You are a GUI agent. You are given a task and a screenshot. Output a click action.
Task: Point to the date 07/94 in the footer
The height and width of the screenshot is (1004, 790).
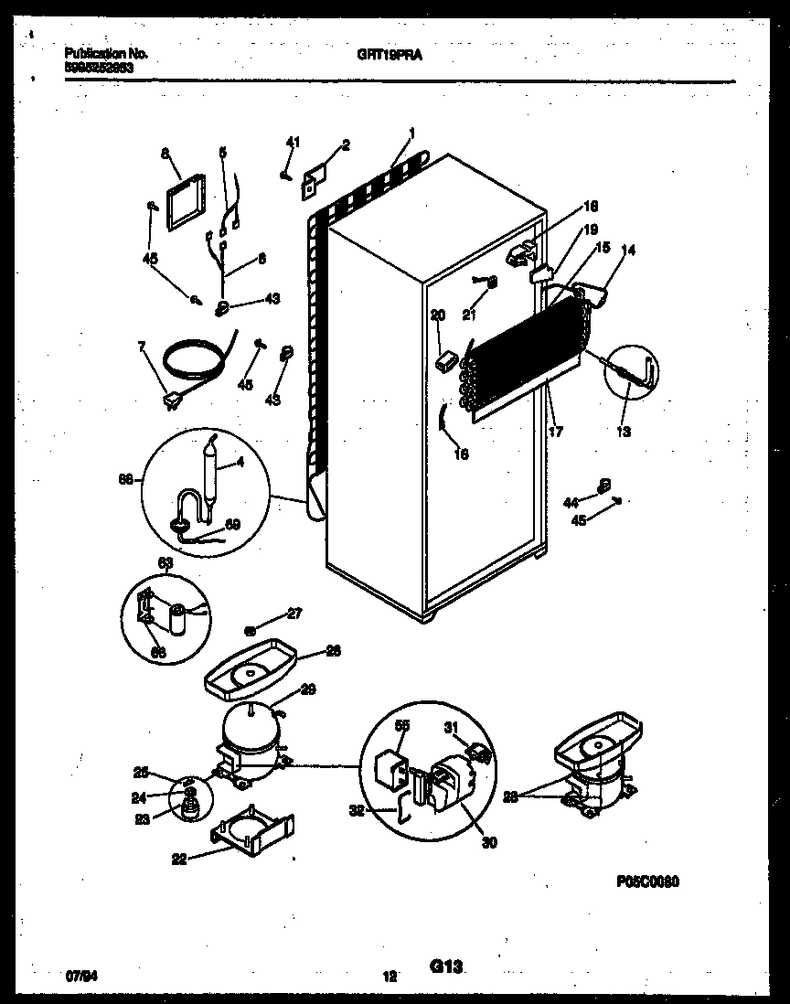[x=80, y=976]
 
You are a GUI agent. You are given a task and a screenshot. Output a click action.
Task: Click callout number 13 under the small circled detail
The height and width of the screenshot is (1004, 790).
[x=624, y=432]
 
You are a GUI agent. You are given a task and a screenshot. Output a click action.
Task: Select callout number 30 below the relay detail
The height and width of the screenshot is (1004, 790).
[x=489, y=842]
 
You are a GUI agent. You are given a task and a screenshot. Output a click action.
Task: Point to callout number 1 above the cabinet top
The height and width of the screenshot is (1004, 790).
[x=412, y=133]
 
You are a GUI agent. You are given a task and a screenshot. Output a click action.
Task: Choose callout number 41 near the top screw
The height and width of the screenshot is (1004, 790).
[x=293, y=141]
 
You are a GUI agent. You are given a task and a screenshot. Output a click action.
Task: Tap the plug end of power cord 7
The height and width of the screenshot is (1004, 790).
[x=171, y=400]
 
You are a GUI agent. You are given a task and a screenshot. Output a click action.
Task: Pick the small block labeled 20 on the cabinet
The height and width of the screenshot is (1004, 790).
[x=446, y=361]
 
